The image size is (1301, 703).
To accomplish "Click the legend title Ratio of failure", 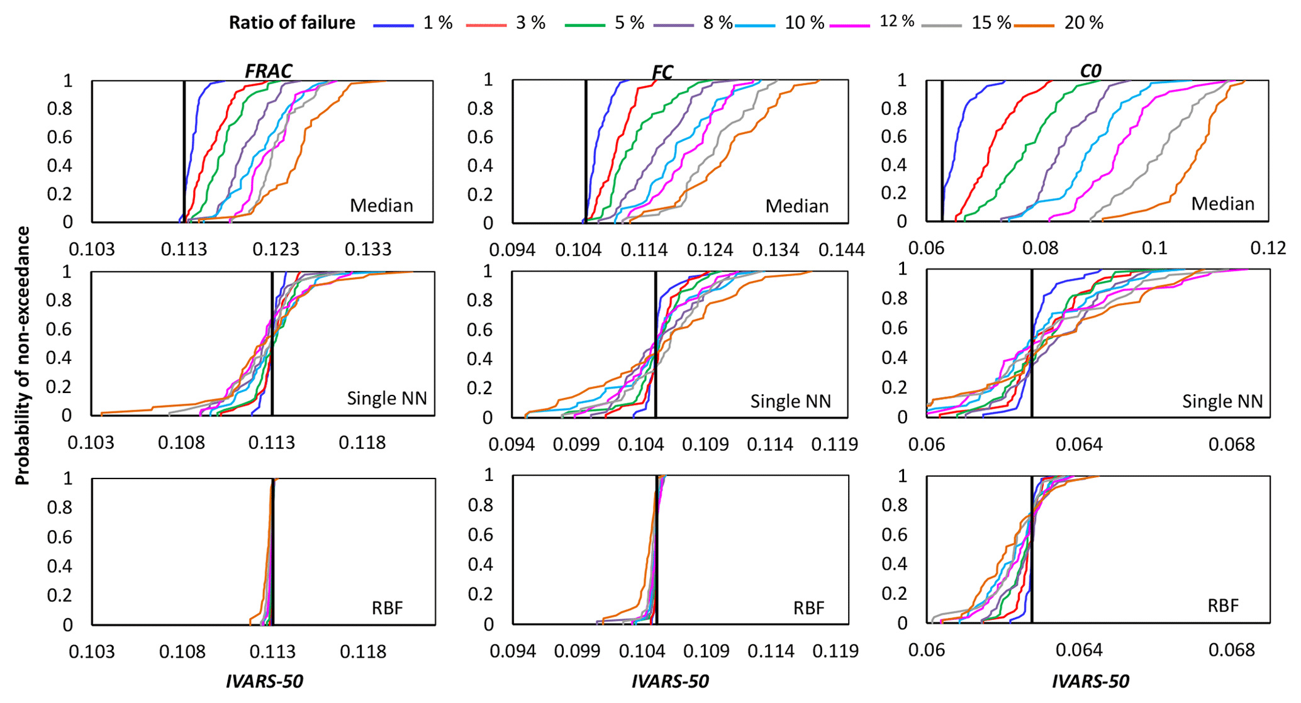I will pyautogui.click(x=292, y=23).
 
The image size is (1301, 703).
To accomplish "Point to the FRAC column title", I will pyautogui.click(x=268, y=70).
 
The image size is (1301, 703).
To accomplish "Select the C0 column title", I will pyautogui.click(x=1090, y=71).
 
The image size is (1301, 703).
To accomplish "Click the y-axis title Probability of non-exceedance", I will pyautogui.click(x=23, y=356).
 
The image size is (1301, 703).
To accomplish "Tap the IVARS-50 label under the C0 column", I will pyautogui.click(x=1090, y=681).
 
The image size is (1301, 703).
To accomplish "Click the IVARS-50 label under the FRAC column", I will pyautogui.click(x=264, y=681).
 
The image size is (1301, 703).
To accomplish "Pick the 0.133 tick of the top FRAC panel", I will pyautogui.click(x=368, y=250).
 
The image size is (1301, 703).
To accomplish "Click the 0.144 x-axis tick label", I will pyautogui.click(x=842, y=250).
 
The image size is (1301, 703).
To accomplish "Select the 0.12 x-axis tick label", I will pyautogui.click(x=1268, y=248).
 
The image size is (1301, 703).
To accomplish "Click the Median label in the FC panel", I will pyautogui.click(x=796, y=206).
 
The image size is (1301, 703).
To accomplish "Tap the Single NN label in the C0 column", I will pyautogui.click(x=1222, y=401).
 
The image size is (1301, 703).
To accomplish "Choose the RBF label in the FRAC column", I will pyautogui.click(x=387, y=608).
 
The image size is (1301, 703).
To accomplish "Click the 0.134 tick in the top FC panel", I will pyautogui.click(x=776, y=250).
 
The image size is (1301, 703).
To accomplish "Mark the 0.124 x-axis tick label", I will pyautogui.click(x=710, y=250).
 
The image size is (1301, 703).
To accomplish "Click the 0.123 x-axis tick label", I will pyautogui.click(x=276, y=250).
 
